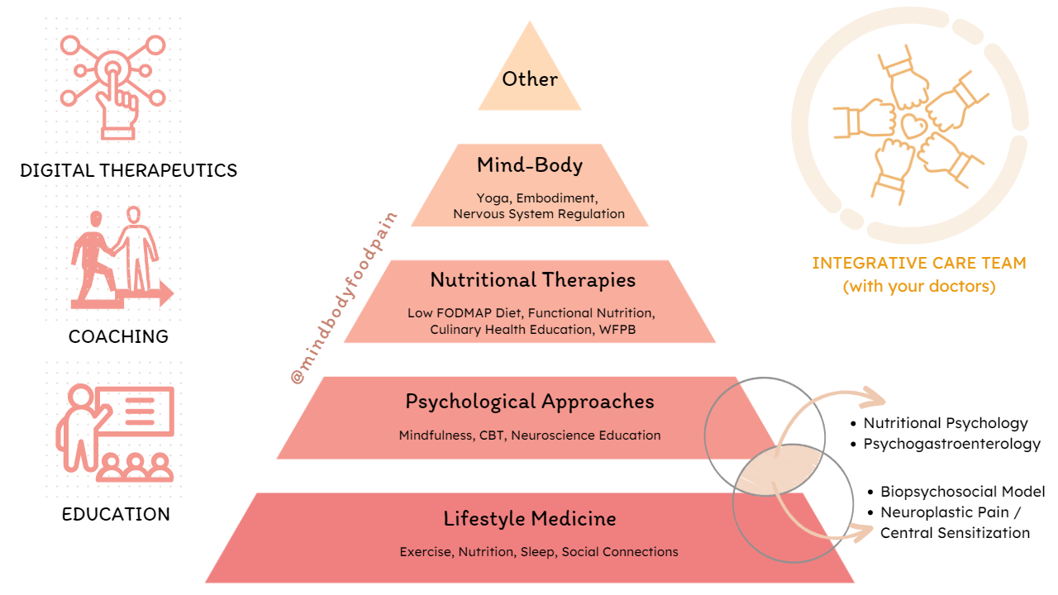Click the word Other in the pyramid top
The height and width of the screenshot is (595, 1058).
click(530, 79)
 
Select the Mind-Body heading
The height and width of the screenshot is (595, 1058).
click(530, 165)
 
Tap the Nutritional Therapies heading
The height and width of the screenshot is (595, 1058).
click(533, 280)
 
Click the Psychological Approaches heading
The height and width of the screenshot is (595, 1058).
click(530, 402)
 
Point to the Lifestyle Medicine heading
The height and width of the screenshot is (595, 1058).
click(530, 519)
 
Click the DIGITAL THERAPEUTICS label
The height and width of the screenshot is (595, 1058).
click(129, 171)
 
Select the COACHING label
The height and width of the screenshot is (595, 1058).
click(118, 336)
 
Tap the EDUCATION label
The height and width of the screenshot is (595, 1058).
click(116, 514)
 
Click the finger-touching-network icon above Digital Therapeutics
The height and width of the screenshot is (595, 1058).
click(115, 83)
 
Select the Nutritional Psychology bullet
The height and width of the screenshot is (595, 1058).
click(946, 423)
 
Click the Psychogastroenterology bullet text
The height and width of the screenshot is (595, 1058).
click(951, 444)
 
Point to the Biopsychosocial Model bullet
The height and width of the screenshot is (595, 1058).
click(962, 492)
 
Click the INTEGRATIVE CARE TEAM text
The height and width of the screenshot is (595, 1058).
click(918, 264)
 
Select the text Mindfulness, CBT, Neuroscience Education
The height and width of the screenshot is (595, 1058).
click(530, 436)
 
